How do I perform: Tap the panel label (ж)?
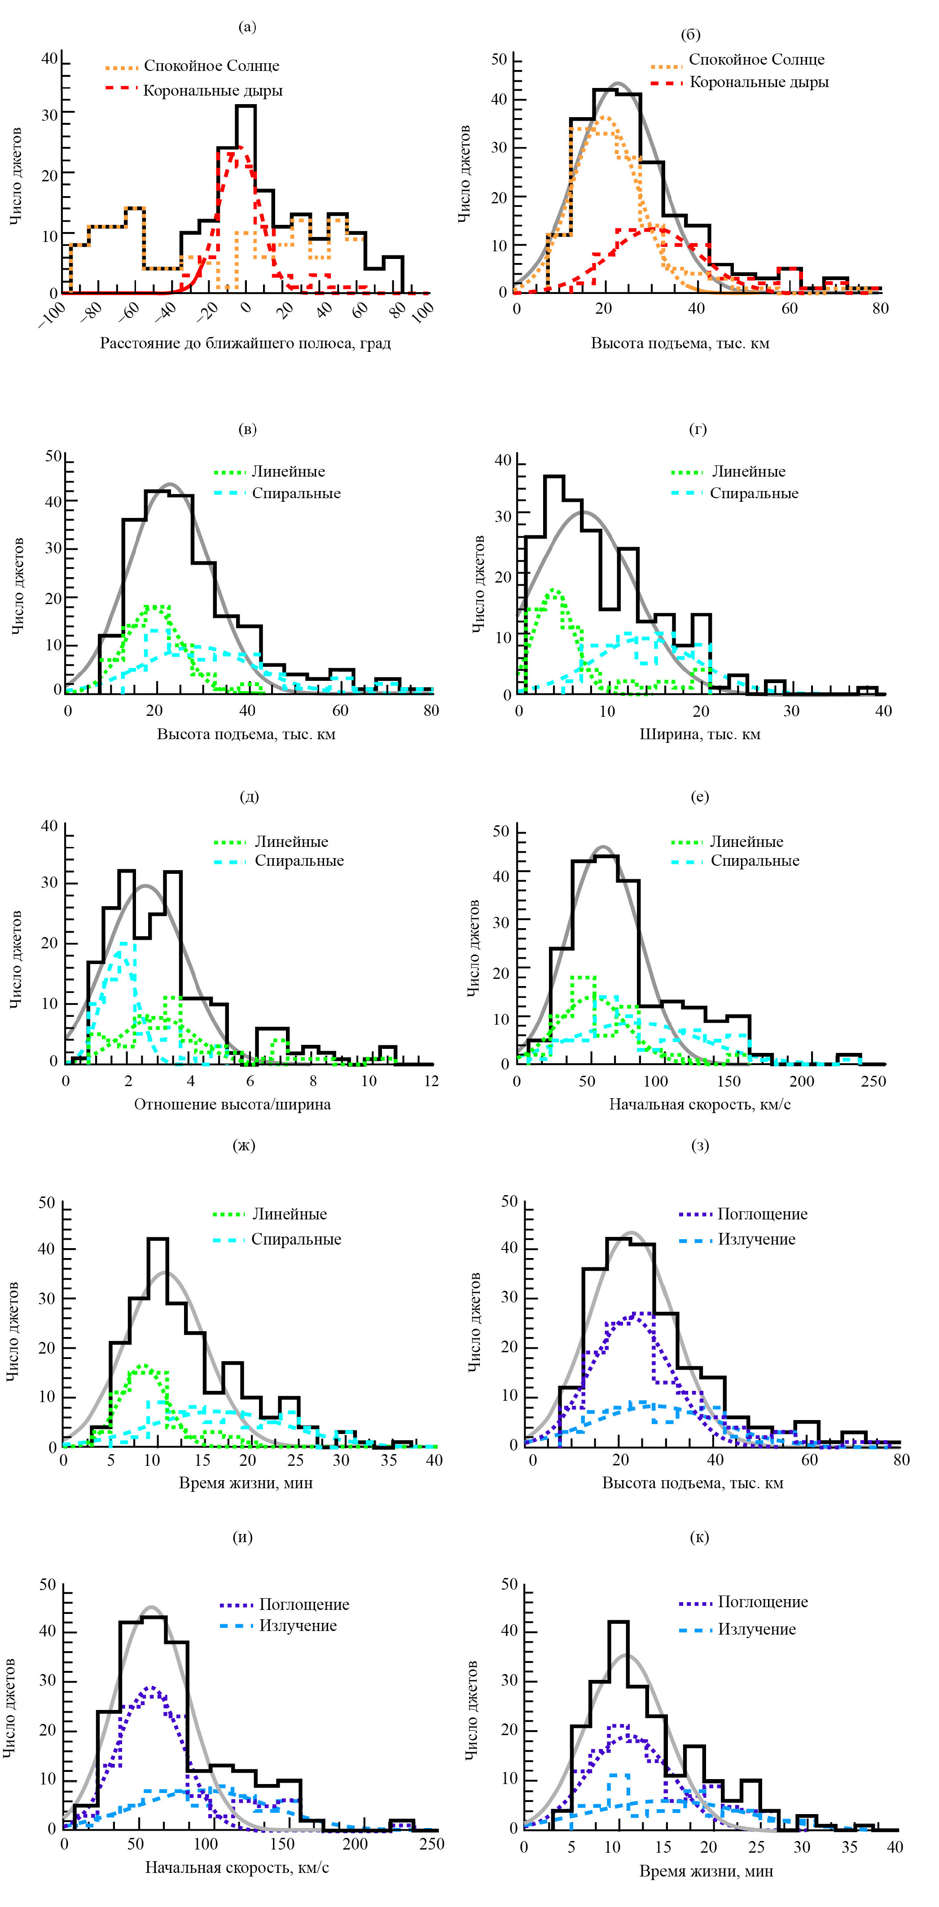click(244, 1145)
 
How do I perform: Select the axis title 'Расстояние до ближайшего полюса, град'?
click(245, 343)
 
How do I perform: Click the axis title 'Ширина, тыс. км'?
click(700, 734)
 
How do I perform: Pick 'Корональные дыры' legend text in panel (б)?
click(759, 82)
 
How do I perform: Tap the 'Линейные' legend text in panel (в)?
click(288, 472)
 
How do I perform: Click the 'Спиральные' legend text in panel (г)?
click(754, 493)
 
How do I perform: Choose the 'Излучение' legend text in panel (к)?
click(757, 1629)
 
